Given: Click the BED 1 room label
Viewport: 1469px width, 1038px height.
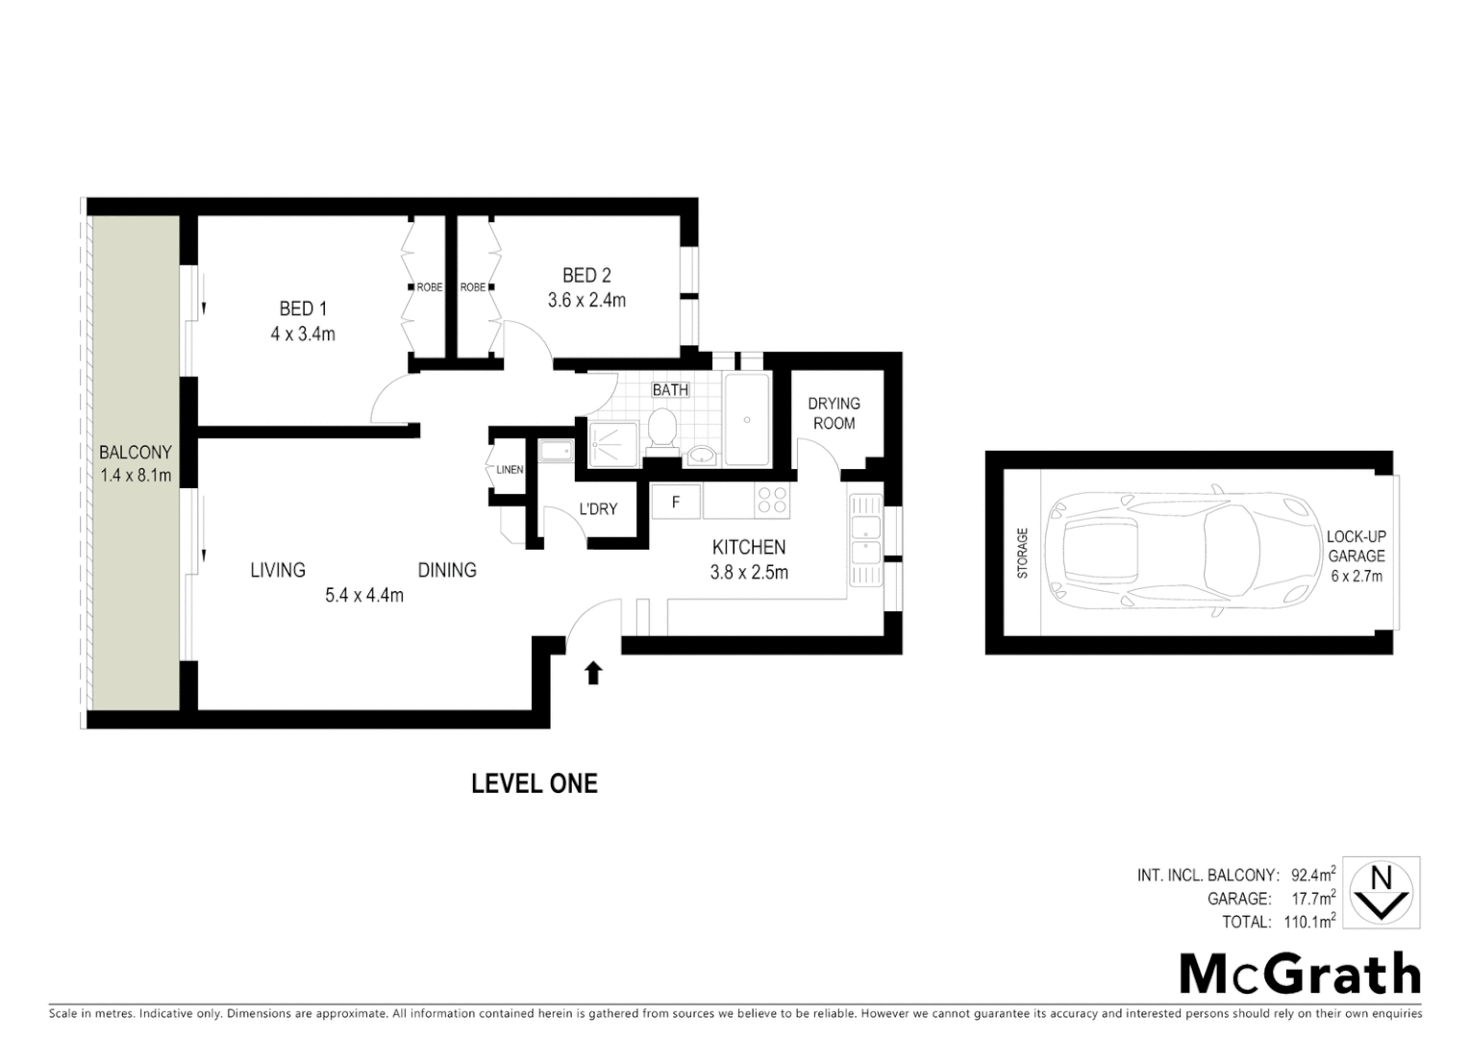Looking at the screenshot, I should [303, 309].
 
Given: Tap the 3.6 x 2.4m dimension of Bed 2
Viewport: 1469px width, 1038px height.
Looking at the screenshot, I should [586, 301].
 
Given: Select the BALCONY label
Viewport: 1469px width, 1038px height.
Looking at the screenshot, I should [136, 452].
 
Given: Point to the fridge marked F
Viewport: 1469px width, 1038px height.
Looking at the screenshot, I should [676, 502].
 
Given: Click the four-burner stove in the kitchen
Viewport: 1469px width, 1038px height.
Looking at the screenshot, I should [773, 502].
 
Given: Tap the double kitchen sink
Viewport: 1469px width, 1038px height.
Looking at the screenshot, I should [865, 540].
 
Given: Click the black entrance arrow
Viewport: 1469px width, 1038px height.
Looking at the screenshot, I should [593, 673].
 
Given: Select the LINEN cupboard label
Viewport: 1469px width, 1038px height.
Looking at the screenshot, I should [510, 470].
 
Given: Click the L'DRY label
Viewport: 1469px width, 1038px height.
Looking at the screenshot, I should [598, 509].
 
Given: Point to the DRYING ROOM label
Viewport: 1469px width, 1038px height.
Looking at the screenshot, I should [834, 413].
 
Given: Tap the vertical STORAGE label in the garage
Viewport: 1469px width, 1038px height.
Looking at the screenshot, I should [1022, 553].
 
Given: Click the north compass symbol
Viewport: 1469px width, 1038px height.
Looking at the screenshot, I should [1381, 893].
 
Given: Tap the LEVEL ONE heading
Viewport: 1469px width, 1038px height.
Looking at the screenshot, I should [535, 784].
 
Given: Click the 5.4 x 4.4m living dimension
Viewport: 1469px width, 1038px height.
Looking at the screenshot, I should [364, 595].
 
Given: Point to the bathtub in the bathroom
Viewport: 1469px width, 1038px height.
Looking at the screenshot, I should [747, 419].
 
